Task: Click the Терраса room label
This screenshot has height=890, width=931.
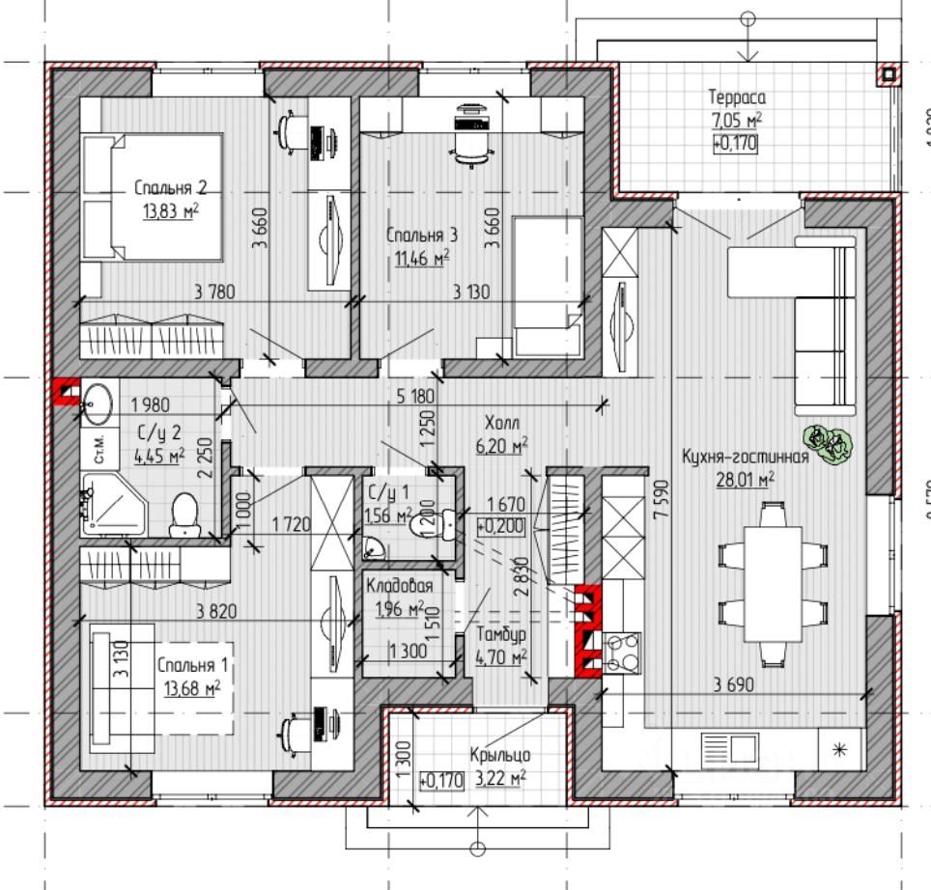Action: (x=737, y=97)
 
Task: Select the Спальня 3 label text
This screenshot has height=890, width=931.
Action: (x=422, y=235)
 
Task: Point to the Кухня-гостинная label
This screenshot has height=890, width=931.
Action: (x=745, y=459)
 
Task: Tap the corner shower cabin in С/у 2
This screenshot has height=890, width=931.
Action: (x=110, y=503)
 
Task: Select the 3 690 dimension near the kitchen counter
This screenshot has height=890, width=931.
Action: (x=733, y=685)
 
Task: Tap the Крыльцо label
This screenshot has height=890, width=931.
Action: (x=499, y=755)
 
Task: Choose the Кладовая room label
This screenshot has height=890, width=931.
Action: (x=398, y=586)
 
